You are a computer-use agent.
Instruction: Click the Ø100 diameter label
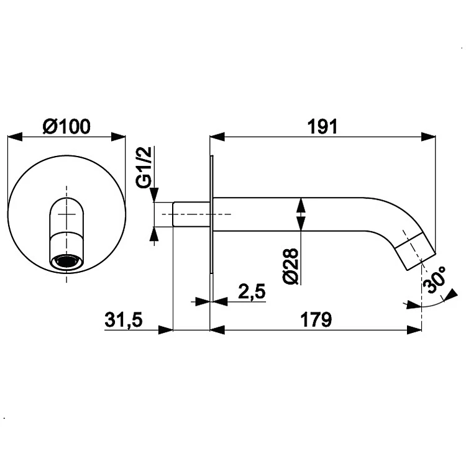pos(66,127)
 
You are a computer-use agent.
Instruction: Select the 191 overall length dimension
pos(322,127)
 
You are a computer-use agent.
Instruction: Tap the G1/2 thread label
pos(144,167)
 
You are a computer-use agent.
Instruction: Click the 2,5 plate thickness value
pos(252,291)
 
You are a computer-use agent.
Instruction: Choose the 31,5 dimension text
pos(124,320)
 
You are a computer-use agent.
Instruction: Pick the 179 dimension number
pos(316,320)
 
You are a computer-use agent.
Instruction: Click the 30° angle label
pos(434,280)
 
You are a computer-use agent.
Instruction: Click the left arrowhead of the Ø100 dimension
pos(15,137)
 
